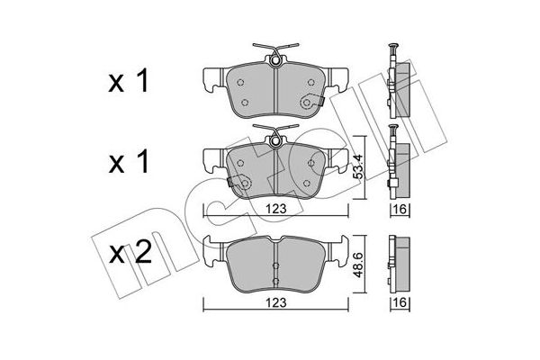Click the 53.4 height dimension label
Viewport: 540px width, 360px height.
[x=359, y=166]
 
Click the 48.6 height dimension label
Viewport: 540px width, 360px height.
[x=359, y=265]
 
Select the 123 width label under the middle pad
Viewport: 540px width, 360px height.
[x=276, y=209]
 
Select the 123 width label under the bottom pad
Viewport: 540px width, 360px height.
[x=276, y=302]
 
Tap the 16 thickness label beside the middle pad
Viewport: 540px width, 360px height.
[x=400, y=209]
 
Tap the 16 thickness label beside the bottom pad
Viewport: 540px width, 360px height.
[x=400, y=302]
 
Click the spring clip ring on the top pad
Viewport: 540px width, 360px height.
[x=275, y=61]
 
